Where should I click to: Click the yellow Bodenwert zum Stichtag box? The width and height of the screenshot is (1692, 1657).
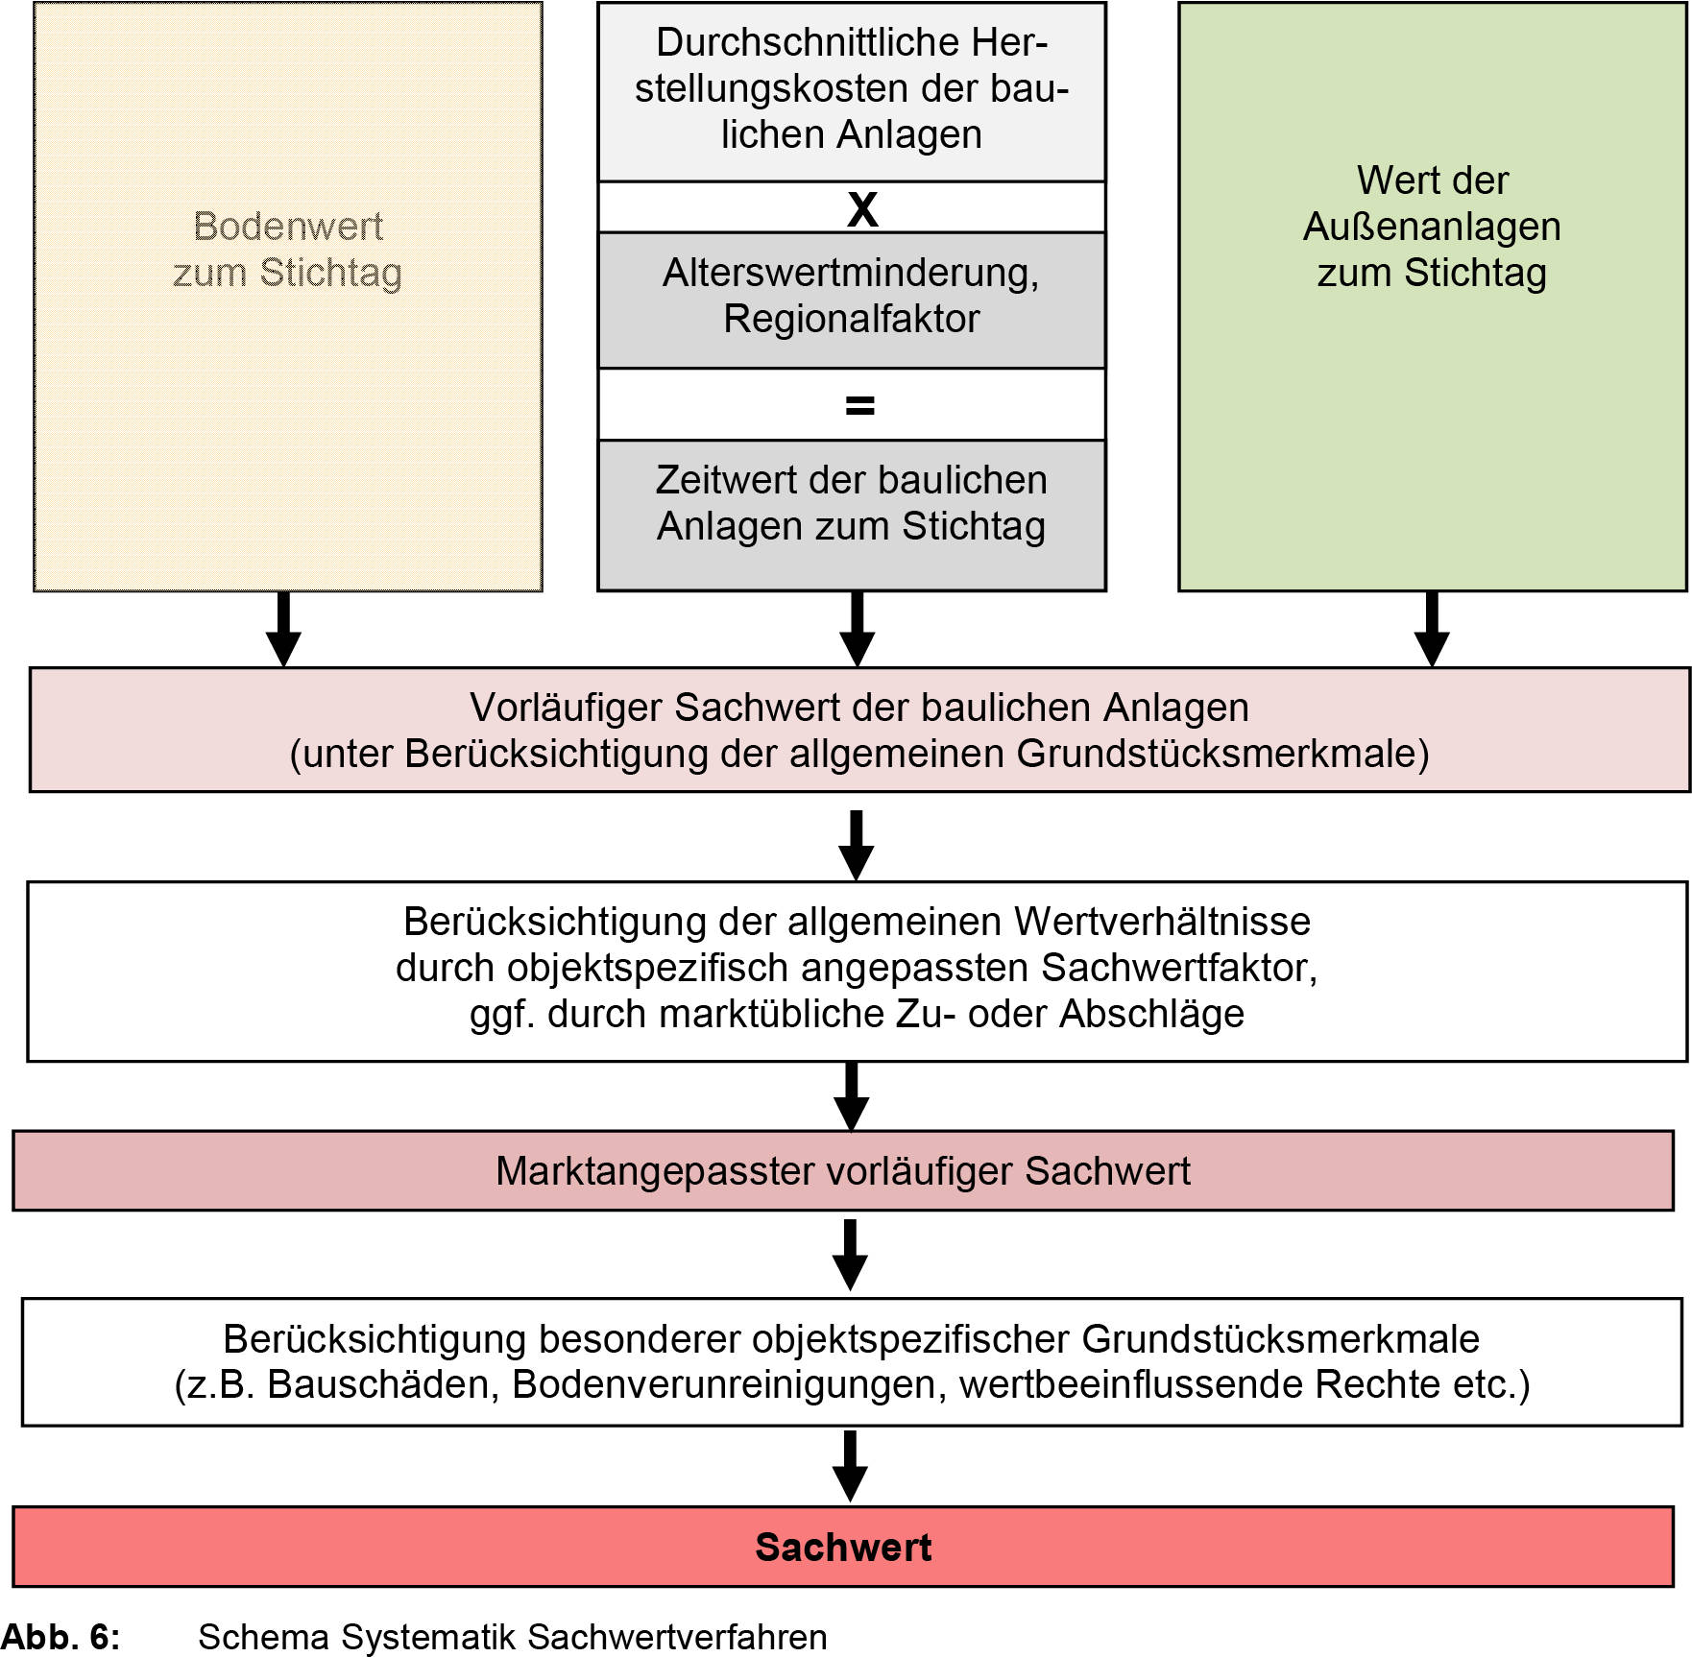[x=288, y=384]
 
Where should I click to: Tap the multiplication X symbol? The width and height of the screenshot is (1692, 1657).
[x=861, y=208]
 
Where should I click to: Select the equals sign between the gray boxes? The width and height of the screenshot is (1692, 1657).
[x=859, y=405]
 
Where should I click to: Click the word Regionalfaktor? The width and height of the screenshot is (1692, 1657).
[x=851, y=319]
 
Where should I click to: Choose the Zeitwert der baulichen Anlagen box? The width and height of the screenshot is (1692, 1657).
[x=851, y=514]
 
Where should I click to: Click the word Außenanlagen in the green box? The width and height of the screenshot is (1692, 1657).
[x=1431, y=227]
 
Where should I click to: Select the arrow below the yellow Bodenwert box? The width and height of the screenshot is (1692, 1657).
[x=283, y=629]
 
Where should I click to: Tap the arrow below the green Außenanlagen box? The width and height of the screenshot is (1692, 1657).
[x=1432, y=629]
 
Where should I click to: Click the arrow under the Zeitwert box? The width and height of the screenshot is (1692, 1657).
[x=857, y=629]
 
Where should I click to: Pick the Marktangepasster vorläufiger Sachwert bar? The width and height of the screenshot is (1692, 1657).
[x=842, y=1170]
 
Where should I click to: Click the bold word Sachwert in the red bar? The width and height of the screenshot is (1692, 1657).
[x=842, y=1547]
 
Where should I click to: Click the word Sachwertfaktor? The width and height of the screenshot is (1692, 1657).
[x=1177, y=968]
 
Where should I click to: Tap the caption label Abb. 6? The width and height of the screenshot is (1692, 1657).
[x=60, y=1636]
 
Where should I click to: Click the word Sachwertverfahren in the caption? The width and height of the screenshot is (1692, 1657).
[x=677, y=1636]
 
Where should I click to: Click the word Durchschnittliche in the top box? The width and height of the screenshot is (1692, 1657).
[x=801, y=42]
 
